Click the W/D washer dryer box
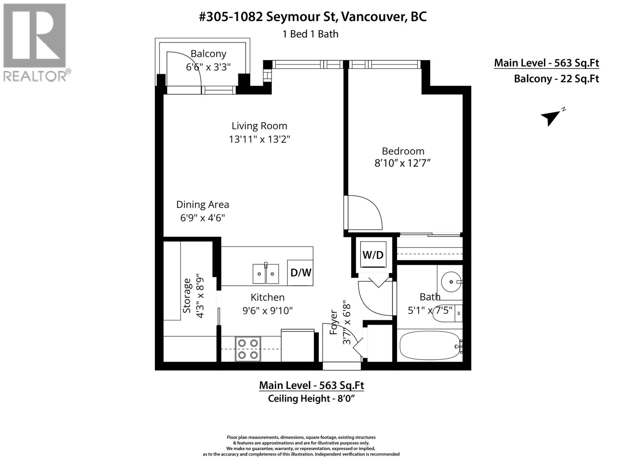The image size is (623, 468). [x=373, y=255]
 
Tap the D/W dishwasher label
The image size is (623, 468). [x=301, y=272]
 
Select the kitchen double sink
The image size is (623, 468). [x=266, y=274]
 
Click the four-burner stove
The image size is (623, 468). [x=248, y=349]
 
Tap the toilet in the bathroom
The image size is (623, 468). [x=448, y=312]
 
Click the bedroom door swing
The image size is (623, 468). [x=364, y=213]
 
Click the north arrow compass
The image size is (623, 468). [x=551, y=116]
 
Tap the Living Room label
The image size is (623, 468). [x=259, y=126]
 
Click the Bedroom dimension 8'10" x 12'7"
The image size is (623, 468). [x=403, y=163]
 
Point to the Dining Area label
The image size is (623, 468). [x=202, y=204]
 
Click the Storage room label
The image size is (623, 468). [x=187, y=295]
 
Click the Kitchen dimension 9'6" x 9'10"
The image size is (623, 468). [x=268, y=311]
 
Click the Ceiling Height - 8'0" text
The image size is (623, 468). [x=311, y=399]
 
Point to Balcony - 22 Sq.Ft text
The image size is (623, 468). [x=556, y=79]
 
